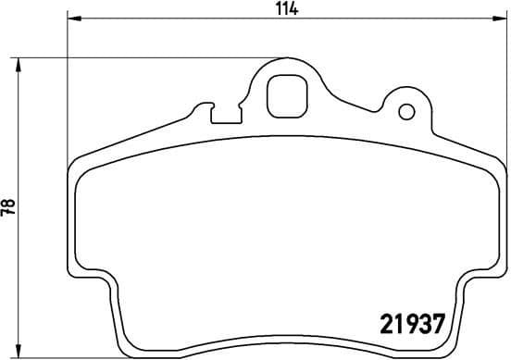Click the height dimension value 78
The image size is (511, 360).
click(8, 208)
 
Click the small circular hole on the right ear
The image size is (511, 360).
click(405, 113)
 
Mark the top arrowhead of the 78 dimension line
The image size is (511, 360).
click(19, 61)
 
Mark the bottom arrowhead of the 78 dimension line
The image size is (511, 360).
click(19, 354)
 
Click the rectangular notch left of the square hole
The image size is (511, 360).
click(222, 115)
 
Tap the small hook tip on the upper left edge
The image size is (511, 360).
click(193, 111)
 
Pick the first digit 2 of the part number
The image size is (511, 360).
click(390, 324)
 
